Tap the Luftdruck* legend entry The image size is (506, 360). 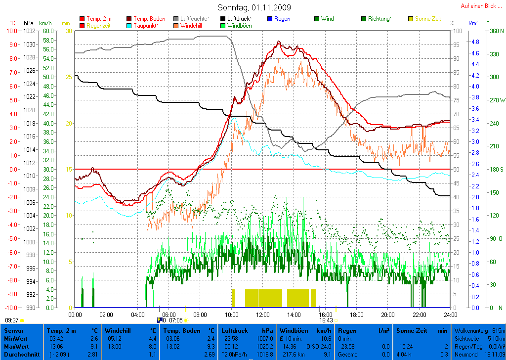[239, 19]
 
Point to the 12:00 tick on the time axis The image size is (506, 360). [262, 315]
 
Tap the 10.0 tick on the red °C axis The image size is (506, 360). [11, 31]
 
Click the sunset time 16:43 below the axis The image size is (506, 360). [326, 320]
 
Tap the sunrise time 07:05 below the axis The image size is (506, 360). [175, 320]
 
